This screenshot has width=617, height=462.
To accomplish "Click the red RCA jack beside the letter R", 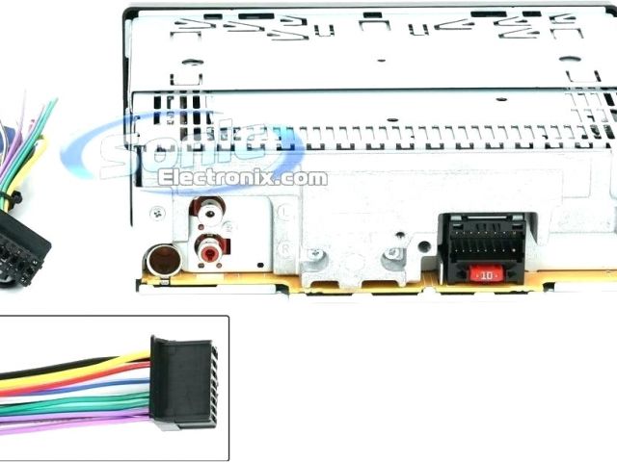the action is tap(210, 251).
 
